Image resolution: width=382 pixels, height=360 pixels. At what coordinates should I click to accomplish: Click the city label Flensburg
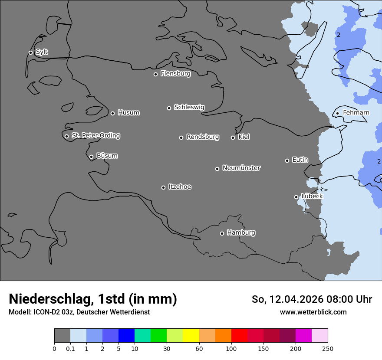coord(175,74)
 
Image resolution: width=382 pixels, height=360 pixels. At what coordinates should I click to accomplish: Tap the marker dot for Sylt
coord(30,52)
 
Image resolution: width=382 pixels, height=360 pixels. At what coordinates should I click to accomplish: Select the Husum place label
coord(128,113)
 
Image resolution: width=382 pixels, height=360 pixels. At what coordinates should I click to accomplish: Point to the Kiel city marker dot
coord(233,137)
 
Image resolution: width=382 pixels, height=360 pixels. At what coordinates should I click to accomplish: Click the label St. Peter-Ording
coord(95,136)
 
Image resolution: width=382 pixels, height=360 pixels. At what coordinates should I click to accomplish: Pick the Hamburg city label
coord(241,233)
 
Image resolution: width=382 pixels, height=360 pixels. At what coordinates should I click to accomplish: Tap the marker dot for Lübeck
coord(296,197)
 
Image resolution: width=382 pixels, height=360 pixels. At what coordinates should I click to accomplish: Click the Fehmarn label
coord(356,113)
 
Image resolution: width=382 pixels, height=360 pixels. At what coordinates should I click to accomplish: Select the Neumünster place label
coord(241,168)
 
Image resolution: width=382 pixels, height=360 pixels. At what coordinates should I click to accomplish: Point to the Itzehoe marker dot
coord(163,187)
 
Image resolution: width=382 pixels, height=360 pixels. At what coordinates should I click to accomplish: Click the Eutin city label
coord(300,160)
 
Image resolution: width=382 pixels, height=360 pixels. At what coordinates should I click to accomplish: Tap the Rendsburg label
coord(203,137)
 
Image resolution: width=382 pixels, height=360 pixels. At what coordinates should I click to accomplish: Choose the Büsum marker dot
coord(91,157)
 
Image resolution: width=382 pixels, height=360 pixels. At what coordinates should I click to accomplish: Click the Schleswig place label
coord(189,107)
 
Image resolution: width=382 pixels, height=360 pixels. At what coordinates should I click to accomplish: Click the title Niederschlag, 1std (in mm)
coord(93,299)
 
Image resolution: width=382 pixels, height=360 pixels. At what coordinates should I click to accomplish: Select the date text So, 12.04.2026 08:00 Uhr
coord(312,300)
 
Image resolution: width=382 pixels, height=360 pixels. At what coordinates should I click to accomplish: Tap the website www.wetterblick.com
coord(313,312)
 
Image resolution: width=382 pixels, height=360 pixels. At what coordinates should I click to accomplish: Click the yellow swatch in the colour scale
coord(191,336)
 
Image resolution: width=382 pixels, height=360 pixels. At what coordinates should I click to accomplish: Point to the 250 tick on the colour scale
coord(328,348)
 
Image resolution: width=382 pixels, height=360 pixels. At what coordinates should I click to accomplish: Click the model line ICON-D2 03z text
coord(79,312)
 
